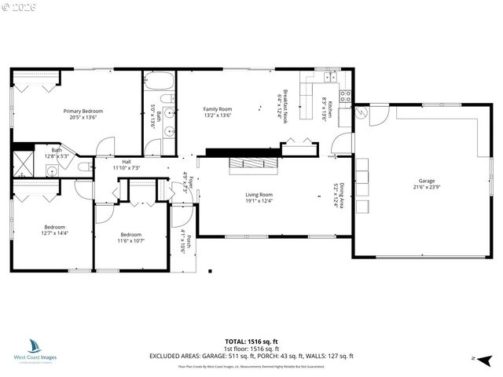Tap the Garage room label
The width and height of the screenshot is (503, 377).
427,181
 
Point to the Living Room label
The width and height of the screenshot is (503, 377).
259,195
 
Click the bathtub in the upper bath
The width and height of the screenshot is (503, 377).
160,81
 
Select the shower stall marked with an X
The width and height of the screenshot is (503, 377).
21,165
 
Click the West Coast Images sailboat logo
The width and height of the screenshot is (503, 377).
35,346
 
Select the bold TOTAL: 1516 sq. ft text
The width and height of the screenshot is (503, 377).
251,342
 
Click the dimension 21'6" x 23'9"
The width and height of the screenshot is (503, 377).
427,187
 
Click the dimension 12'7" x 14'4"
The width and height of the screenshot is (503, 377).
55,232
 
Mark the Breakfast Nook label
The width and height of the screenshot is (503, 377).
285,101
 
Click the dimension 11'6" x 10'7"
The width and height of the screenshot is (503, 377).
130,240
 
